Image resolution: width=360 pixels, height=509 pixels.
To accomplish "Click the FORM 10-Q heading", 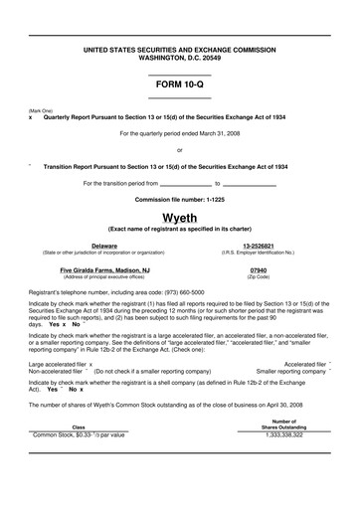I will pos(179,85).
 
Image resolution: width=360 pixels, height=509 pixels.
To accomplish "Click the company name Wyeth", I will pos(179,218).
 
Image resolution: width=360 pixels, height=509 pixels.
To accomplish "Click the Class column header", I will pos(79,454).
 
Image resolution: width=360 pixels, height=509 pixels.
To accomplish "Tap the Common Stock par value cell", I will pos(80,462).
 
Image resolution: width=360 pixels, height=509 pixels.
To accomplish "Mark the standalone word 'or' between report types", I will pos(179,149).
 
